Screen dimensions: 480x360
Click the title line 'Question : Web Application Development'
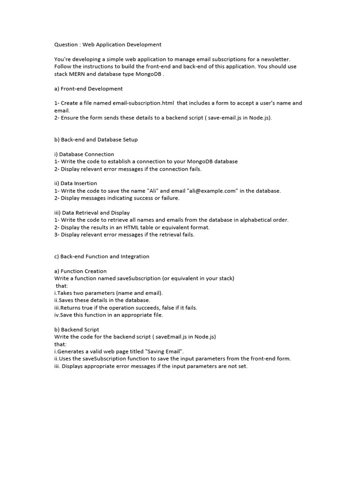pyautogui.click(x=108, y=45)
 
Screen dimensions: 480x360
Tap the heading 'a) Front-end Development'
pyautogui.click(x=89, y=89)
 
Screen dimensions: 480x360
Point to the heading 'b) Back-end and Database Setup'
pyautogui.click(x=96, y=140)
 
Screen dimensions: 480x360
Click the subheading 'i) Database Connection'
pyautogui.click(x=84, y=154)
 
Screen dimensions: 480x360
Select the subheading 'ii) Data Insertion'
pyautogui.click(x=75, y=183)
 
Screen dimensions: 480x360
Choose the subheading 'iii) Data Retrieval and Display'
pyautogui.click(x=92, y=212)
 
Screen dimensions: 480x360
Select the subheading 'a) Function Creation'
pyautogui.click(x=80, y=271)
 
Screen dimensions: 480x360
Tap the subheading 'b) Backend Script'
pyautogui.click(x=76, y=330)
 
